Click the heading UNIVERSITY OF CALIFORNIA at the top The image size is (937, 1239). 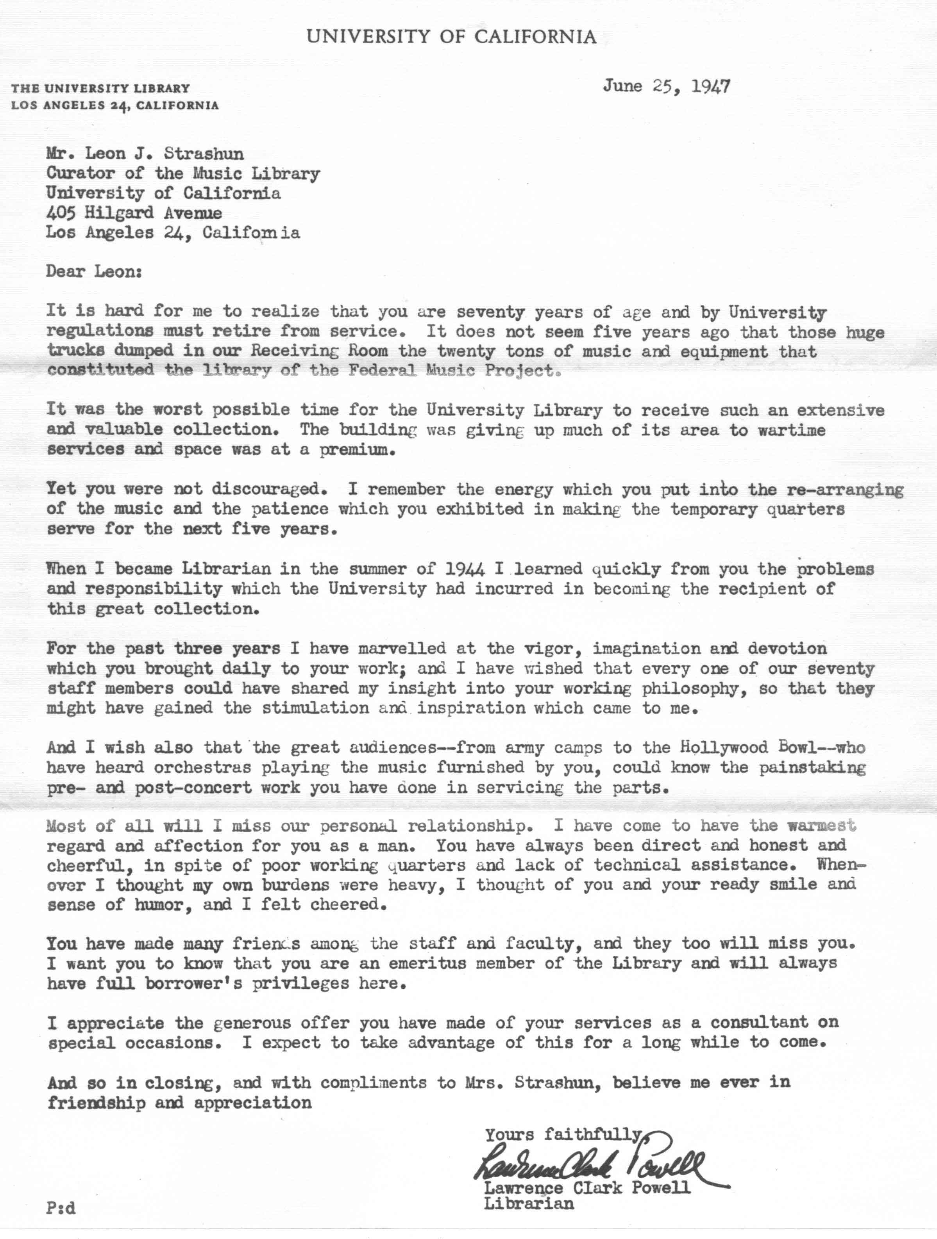pos(451,37)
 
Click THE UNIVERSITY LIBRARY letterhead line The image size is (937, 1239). pos(101,88)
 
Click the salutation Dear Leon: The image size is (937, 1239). pos(94,272)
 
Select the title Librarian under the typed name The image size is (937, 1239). pos(529,1203)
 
